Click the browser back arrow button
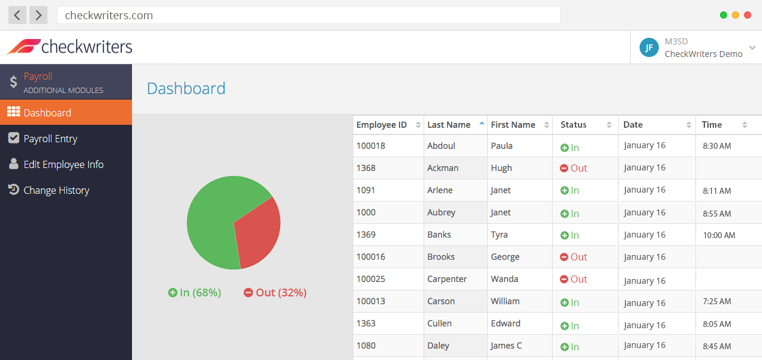pos(17,15)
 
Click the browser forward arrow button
pos(38,15)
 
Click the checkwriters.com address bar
pos(308,15)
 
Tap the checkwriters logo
pos(70,46)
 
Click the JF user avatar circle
pos(649,47)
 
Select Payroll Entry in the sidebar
pos(50,139)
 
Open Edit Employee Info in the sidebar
pos(63,164)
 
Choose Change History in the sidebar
pos(56,190)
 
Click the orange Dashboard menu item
pos(47,113)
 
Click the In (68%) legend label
pos(195,293)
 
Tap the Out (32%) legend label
pos(275,293)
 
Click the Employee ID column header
pos(382,125)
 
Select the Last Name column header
pos(449,125)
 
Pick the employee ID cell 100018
pos(371,146)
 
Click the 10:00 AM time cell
pos(719,235)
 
